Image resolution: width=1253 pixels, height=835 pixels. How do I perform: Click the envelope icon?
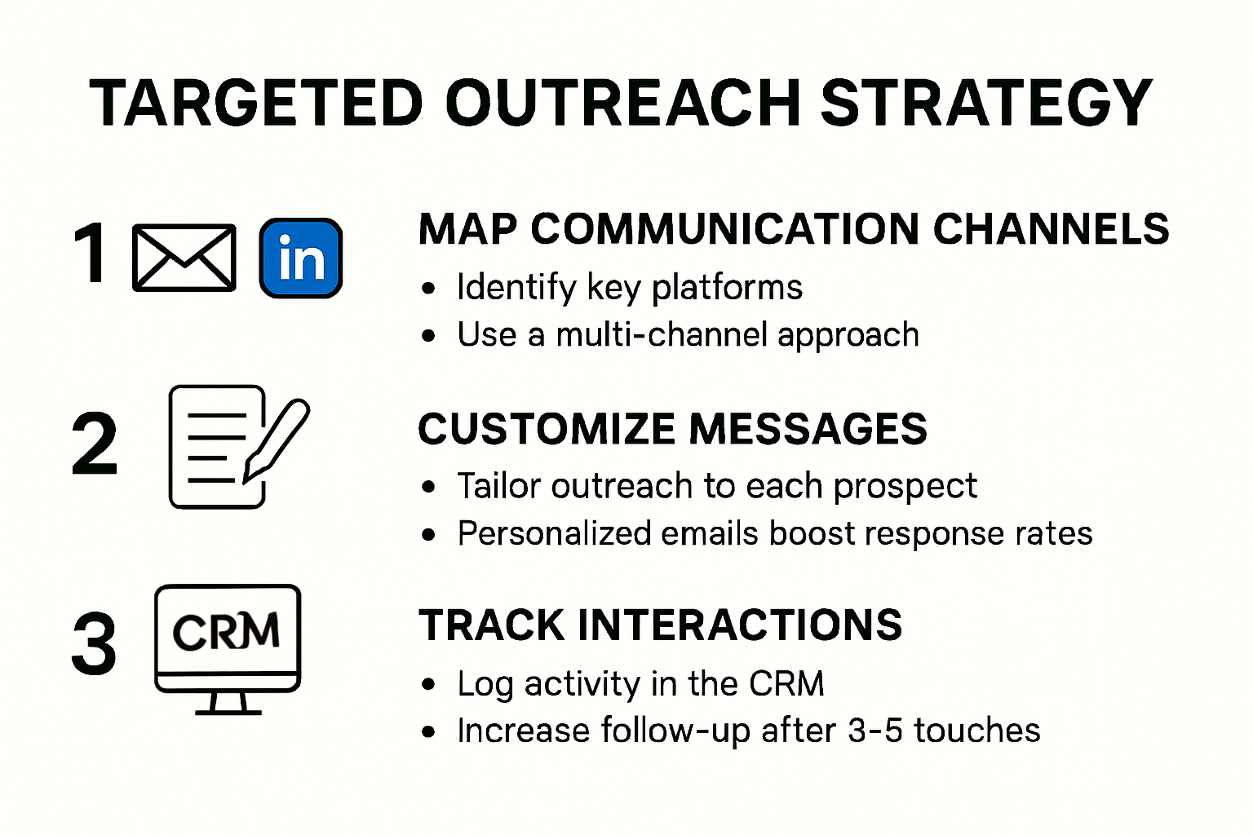184,258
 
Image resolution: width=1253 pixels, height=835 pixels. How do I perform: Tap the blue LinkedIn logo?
301,258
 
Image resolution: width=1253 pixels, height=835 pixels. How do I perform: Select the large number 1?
91,254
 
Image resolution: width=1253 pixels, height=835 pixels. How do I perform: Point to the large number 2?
95,445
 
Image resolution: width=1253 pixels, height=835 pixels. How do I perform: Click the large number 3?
94,645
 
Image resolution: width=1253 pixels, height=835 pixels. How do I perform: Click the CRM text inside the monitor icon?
226,632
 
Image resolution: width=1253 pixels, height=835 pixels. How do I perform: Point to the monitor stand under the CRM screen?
228,703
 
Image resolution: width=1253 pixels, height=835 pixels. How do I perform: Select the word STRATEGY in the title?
985,104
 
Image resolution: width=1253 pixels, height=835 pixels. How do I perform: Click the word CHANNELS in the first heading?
1051,229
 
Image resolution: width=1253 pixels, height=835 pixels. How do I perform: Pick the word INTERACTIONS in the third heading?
739,625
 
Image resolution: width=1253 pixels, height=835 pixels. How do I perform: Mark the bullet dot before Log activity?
429,686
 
